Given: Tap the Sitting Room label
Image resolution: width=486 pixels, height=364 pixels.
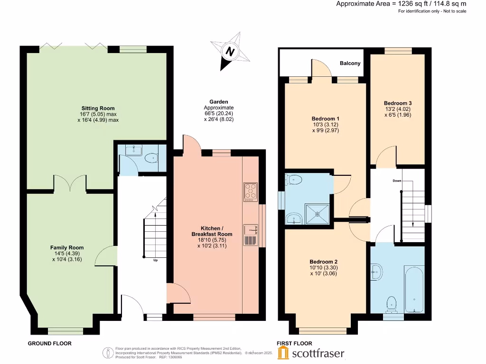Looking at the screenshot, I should (x=98, y=108).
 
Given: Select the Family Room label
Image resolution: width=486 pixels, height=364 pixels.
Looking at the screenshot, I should (x=67, y=247).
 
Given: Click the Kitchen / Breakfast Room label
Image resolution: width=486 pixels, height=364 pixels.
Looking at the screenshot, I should (x=212, y=231).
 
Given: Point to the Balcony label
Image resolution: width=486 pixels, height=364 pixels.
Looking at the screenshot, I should (x=350, y=64).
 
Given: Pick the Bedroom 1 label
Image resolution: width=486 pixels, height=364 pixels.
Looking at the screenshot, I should (x=325, y=118).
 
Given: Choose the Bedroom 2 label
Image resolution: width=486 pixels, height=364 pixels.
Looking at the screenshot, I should (x=323, y=262).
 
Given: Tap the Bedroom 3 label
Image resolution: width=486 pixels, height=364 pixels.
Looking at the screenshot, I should (x=398, y=103).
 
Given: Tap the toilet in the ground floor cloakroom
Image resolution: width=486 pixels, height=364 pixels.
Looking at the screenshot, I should (x=152, y=159).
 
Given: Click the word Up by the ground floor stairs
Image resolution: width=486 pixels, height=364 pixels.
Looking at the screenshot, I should (x=155, y=260).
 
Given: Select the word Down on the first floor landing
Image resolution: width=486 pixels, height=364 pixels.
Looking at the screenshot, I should (x=397, y=181).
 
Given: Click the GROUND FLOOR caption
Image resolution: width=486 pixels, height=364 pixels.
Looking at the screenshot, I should (x=49, y=343).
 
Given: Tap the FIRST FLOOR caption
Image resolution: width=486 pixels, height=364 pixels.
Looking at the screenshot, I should (x=294, y=343).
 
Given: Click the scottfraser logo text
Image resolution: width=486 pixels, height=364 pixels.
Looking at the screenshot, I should (x=318, y=354).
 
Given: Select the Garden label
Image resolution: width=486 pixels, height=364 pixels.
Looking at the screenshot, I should (x=219, y=101).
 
